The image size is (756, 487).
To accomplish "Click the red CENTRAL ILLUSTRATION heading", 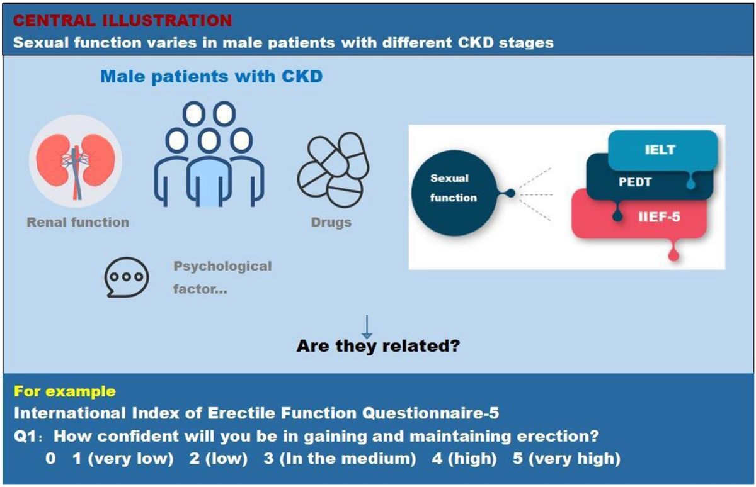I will click(x=123, y=20).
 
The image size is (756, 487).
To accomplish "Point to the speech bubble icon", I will click(x=127, y=277).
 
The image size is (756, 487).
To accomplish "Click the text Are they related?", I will click(x=378, y=346).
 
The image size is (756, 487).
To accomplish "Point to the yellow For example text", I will click(x=65, y=391).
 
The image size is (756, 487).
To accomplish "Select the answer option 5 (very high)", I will click(x=566, y=459).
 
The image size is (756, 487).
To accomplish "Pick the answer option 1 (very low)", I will click(x=123, y=459).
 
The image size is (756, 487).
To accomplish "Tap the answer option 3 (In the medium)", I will click(x=340, y=459).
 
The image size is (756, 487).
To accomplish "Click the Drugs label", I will click(x=331, y=223).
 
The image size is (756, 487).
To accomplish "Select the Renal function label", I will click(x=77, y=221).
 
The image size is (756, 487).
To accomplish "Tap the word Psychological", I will click(x=222, y=266).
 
